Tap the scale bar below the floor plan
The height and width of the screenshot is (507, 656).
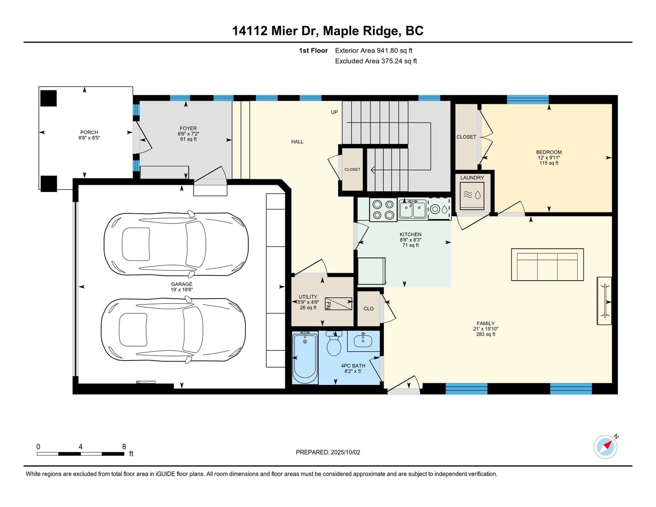click(81, 454)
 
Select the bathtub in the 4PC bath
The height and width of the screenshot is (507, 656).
click(305, 358)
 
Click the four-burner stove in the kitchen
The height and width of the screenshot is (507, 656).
click(383, 210)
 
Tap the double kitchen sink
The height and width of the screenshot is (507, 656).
click(412, 209)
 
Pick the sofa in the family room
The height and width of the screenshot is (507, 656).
click(547, 265)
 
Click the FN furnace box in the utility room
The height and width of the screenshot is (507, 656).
click(338, 304)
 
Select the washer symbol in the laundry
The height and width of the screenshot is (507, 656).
click(472, 195)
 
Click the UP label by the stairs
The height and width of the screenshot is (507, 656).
click(334, 112)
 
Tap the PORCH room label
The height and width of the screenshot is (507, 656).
click(89, 132)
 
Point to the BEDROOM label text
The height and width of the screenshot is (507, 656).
click(549, 152)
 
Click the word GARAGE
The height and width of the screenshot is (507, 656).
click(182, 284)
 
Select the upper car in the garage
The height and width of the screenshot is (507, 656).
click(176, 244)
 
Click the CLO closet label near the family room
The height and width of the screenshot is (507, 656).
click(369, 308)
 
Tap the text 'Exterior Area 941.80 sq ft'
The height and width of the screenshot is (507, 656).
click(374, 50)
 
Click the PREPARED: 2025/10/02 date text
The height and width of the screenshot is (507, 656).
click(328, 452)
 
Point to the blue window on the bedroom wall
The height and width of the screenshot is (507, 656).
click(528, 99)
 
